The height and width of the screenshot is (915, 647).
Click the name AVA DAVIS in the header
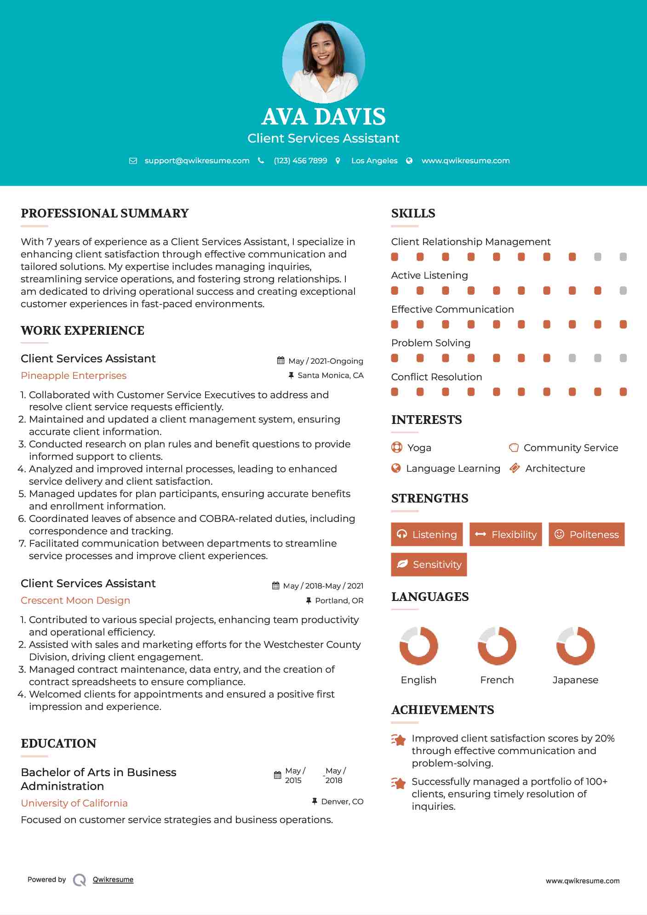coord(323,117)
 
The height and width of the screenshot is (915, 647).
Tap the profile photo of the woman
coord(323,62)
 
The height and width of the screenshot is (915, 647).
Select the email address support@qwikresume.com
coord(197,160)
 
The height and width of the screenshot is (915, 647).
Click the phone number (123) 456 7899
coord(300,160)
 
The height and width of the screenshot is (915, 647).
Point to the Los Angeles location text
coord(374,160)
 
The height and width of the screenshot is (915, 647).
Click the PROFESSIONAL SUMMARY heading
coord(105,213)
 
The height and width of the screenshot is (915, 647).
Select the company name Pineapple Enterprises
coord(74,376)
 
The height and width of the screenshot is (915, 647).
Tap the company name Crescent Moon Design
coord(75,600)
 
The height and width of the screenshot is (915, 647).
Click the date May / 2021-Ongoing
coord(326,361)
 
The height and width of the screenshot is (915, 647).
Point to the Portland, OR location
coord(339,600)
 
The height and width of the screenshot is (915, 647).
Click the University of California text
coord(74,803)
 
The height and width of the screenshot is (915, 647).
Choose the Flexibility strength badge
coord(506,534)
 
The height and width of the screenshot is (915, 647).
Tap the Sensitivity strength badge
coord(429,564)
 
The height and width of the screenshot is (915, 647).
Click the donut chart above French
coord(497,646)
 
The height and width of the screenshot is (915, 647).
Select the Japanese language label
coord(575,680)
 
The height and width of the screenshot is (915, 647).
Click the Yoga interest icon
coord(396,447)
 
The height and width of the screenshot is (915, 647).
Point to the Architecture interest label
coord(555,469)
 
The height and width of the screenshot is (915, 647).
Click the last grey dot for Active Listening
coord(623,291)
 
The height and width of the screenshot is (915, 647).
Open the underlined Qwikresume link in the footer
coord(113,880)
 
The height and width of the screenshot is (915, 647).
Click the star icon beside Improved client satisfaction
coord(399,740)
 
